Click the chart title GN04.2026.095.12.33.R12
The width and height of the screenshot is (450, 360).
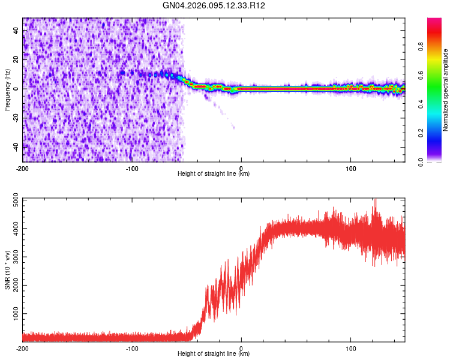214,6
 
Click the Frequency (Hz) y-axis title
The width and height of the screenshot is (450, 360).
7,90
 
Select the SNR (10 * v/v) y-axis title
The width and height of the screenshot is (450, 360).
7,270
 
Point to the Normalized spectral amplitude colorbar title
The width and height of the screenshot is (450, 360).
446,90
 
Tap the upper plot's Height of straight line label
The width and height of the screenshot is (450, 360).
214,174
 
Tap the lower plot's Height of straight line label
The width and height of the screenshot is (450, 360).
214,354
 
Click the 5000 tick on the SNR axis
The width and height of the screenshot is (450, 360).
11,199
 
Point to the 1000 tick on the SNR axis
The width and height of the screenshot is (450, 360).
11,314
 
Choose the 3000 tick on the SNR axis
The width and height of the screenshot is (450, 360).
11,257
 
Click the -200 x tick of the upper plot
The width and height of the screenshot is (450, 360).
23,168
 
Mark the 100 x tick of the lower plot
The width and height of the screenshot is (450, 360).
350,348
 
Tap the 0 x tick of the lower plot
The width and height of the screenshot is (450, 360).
241,348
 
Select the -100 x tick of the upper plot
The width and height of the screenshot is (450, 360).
132,168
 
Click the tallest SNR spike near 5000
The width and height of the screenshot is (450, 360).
376,200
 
